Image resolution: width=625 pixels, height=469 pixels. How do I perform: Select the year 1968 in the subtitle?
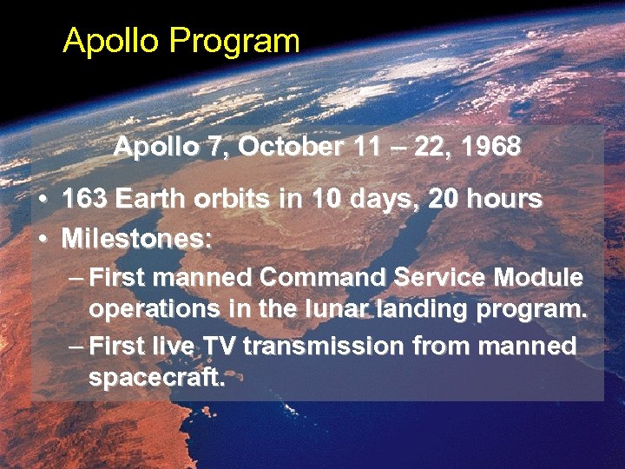(x=492, y=146)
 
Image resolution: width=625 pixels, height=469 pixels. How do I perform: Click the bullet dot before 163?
(x=43, y=200)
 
